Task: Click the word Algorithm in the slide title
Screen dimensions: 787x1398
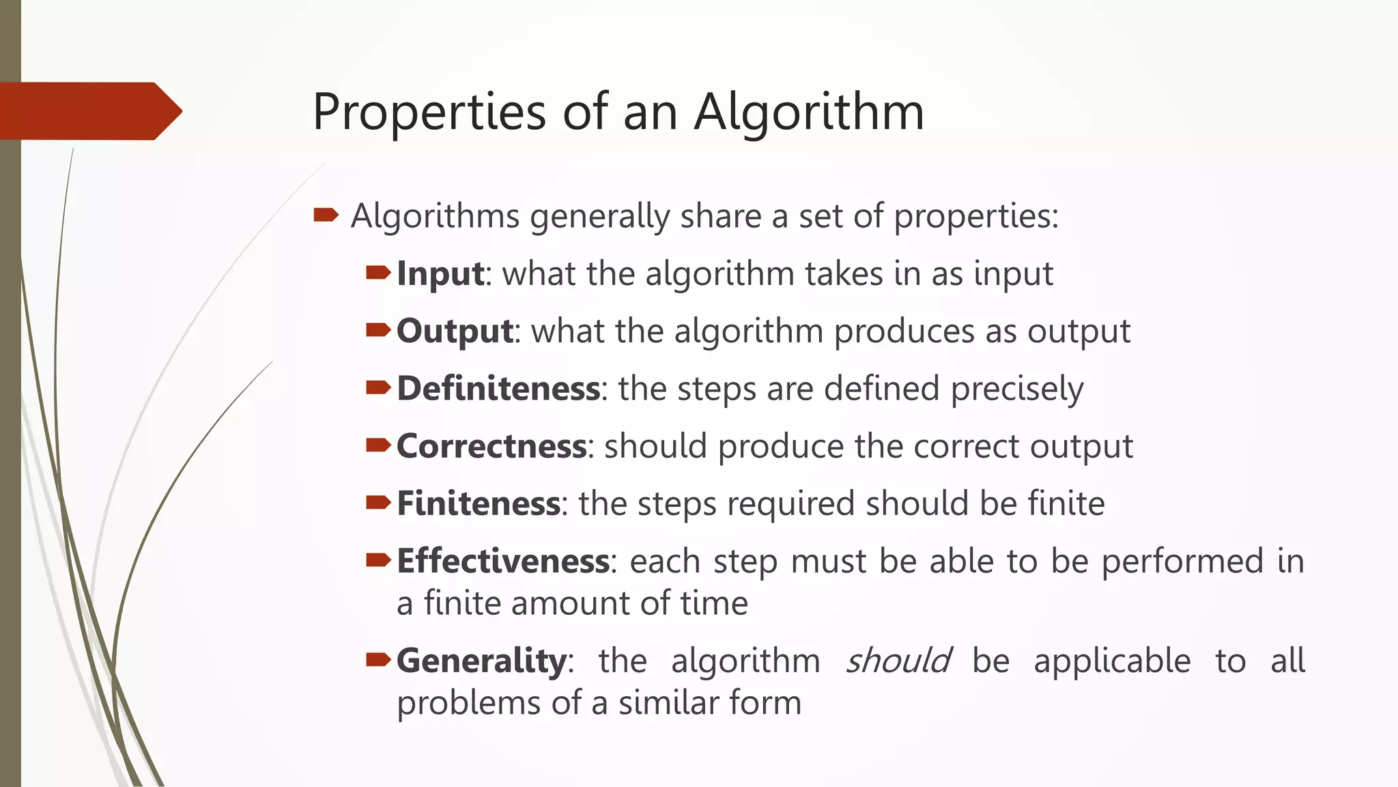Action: tap(809, 112)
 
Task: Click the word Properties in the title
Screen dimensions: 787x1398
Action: tap(429, 112)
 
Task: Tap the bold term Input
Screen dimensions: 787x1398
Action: tap(440, 274)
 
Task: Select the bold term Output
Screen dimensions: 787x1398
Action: tap(455, 331)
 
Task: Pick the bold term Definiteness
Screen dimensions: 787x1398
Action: tap(498, 389)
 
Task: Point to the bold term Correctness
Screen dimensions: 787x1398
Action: tap(491, 446)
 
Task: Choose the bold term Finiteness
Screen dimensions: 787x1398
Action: tap(479, 503)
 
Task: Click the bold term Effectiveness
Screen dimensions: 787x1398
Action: tap(503, 561)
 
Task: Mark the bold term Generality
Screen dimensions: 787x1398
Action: tap(481, 661)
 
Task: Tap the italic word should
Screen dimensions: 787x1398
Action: tap(898, 661)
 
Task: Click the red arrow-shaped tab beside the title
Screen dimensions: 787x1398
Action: tap(89, 111)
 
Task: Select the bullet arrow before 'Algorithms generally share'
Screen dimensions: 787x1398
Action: tap(326, 216)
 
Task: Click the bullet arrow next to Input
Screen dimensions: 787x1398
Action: tap(378, 273)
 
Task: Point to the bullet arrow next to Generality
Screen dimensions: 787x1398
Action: tap(378, 660)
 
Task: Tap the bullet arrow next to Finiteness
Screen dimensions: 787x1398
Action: tap(378, 503)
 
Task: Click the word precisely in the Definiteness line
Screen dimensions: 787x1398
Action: tap(1016, 389)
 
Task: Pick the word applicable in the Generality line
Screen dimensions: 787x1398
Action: tap(1112, 661)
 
